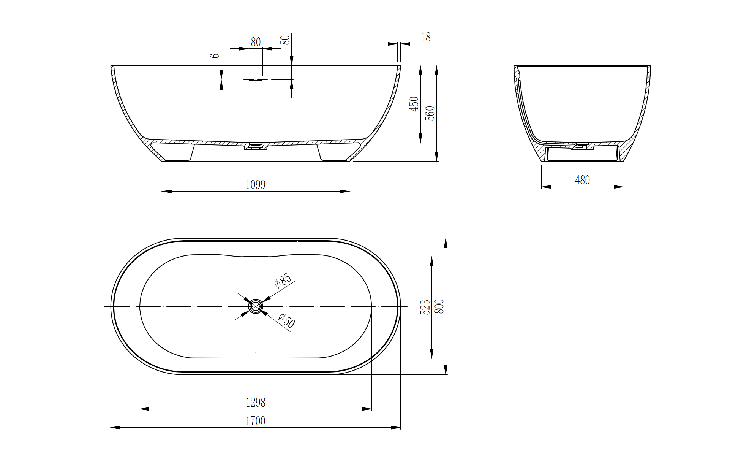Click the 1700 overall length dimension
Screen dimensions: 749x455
255,421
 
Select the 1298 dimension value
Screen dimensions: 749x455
255,402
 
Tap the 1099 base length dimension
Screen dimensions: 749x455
255,185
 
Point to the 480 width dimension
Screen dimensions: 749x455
582,180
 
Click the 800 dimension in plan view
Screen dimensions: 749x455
439,306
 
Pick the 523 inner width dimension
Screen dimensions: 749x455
425,307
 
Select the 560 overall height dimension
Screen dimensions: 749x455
430,114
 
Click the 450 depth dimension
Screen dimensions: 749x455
414,104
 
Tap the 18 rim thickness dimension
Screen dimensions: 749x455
426,37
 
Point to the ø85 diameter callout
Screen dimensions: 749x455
283,281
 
